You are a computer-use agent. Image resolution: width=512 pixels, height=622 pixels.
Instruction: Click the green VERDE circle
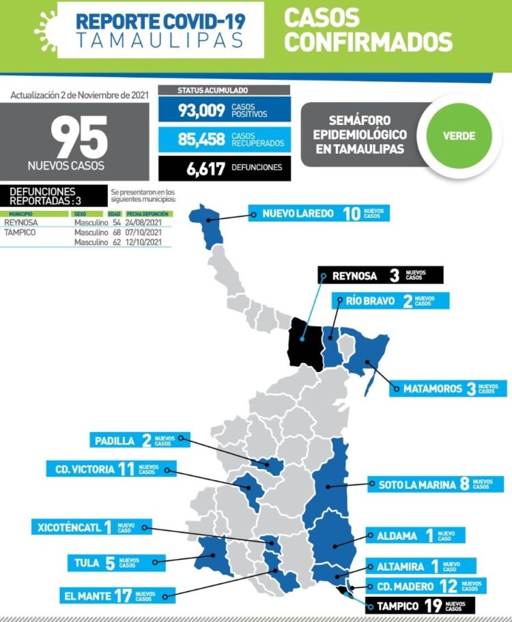tap(459, 135)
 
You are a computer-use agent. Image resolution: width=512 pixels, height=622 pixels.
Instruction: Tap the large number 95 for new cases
tap(79, 138)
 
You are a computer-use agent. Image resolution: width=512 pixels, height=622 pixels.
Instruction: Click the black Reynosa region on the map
tap(304, 343)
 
